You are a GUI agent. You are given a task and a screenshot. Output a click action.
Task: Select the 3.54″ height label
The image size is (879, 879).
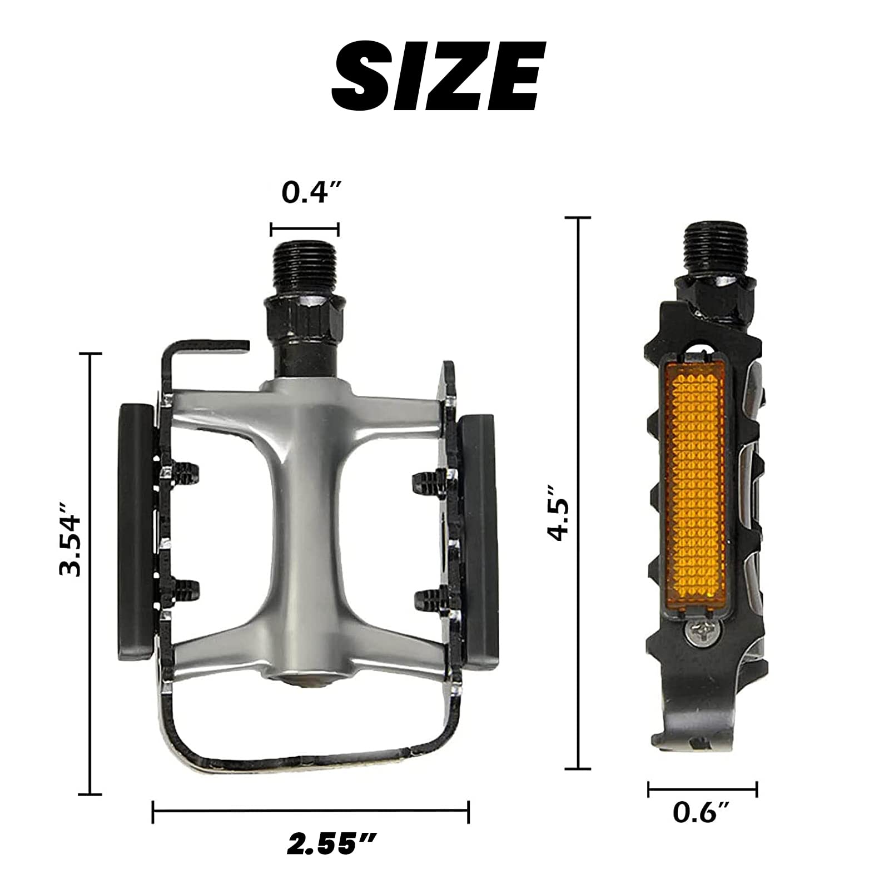click(71, 538)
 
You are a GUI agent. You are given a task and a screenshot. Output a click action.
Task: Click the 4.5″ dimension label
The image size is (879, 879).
click(558, 512)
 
